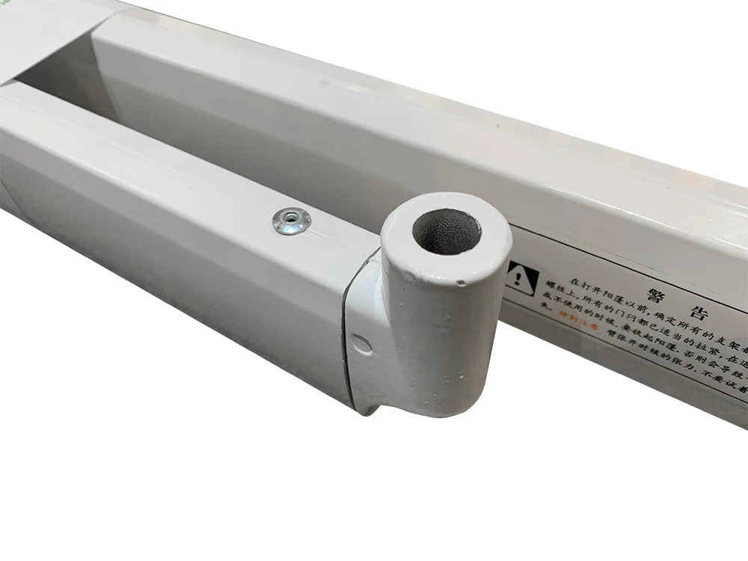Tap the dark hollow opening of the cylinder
(446, 229)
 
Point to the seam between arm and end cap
(346, 329)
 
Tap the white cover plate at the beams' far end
(45, 30)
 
